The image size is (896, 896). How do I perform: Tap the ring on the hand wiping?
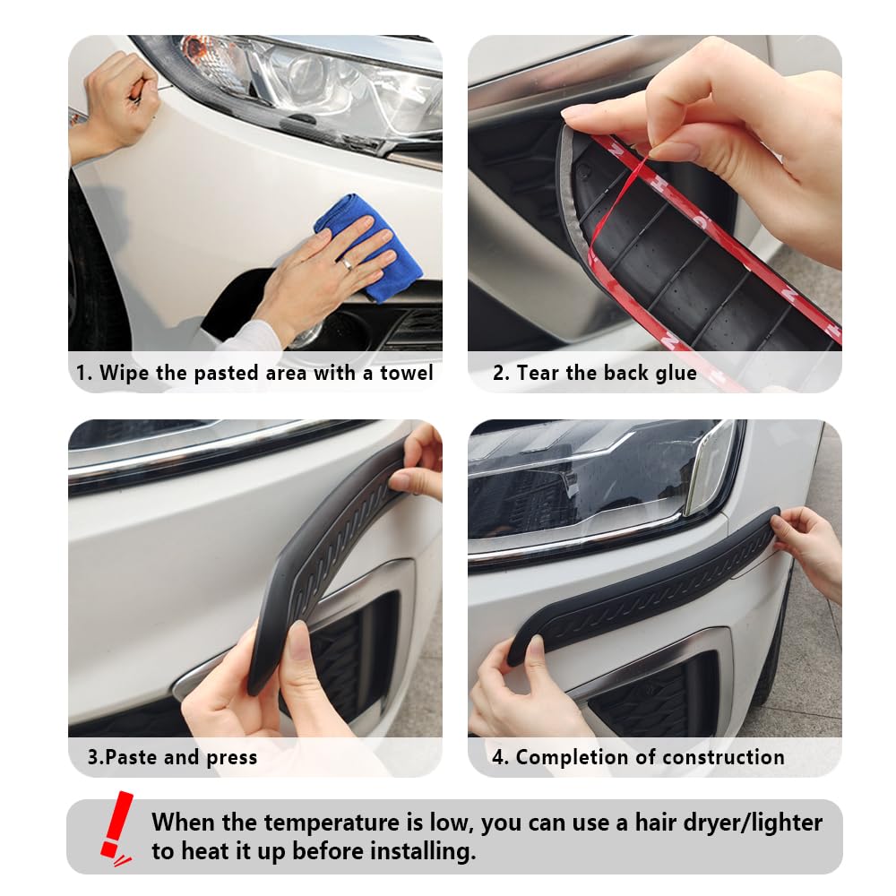click(346, 264)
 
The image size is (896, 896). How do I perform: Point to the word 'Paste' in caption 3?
click(134, 757)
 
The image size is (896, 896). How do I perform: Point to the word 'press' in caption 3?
click(231, 757)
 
